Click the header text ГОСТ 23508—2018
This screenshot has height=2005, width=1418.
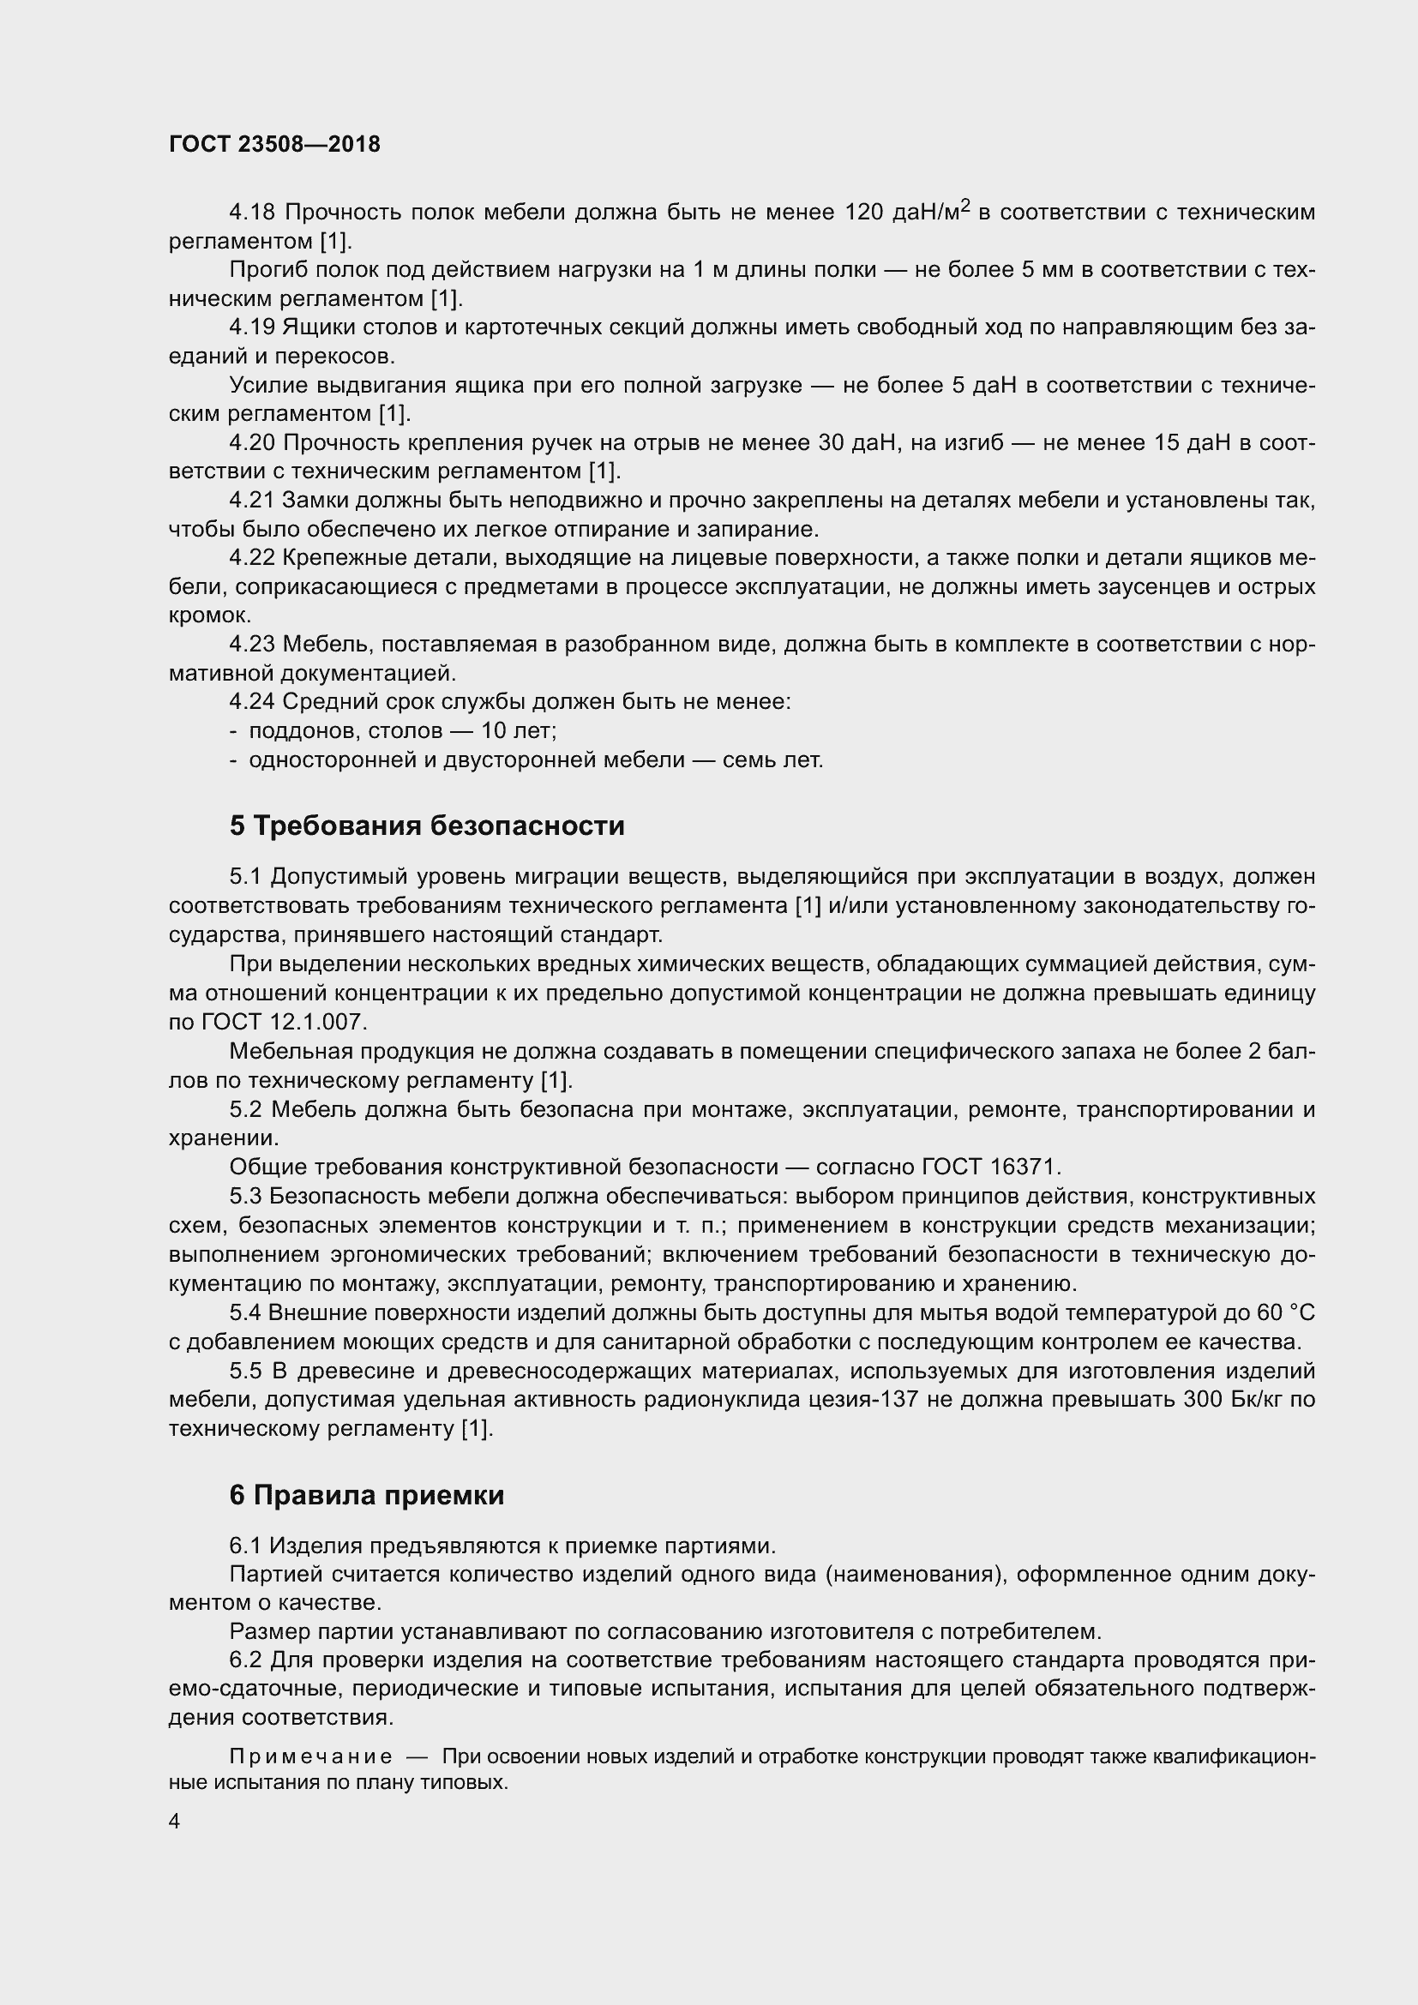click(x=274, y=145)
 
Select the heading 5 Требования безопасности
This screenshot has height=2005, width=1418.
click(x=427, y=825)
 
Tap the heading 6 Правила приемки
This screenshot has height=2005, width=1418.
click(x=367, y=1496)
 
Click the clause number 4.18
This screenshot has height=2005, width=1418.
click(x=251, y=213)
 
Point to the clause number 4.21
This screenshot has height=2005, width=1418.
click(x=251, y=501)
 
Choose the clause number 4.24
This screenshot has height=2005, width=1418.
click(x=251, y=701)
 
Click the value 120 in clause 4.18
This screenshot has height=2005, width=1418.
click(x=864, y=213)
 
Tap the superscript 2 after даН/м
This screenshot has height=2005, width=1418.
click(x=965, y=206)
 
